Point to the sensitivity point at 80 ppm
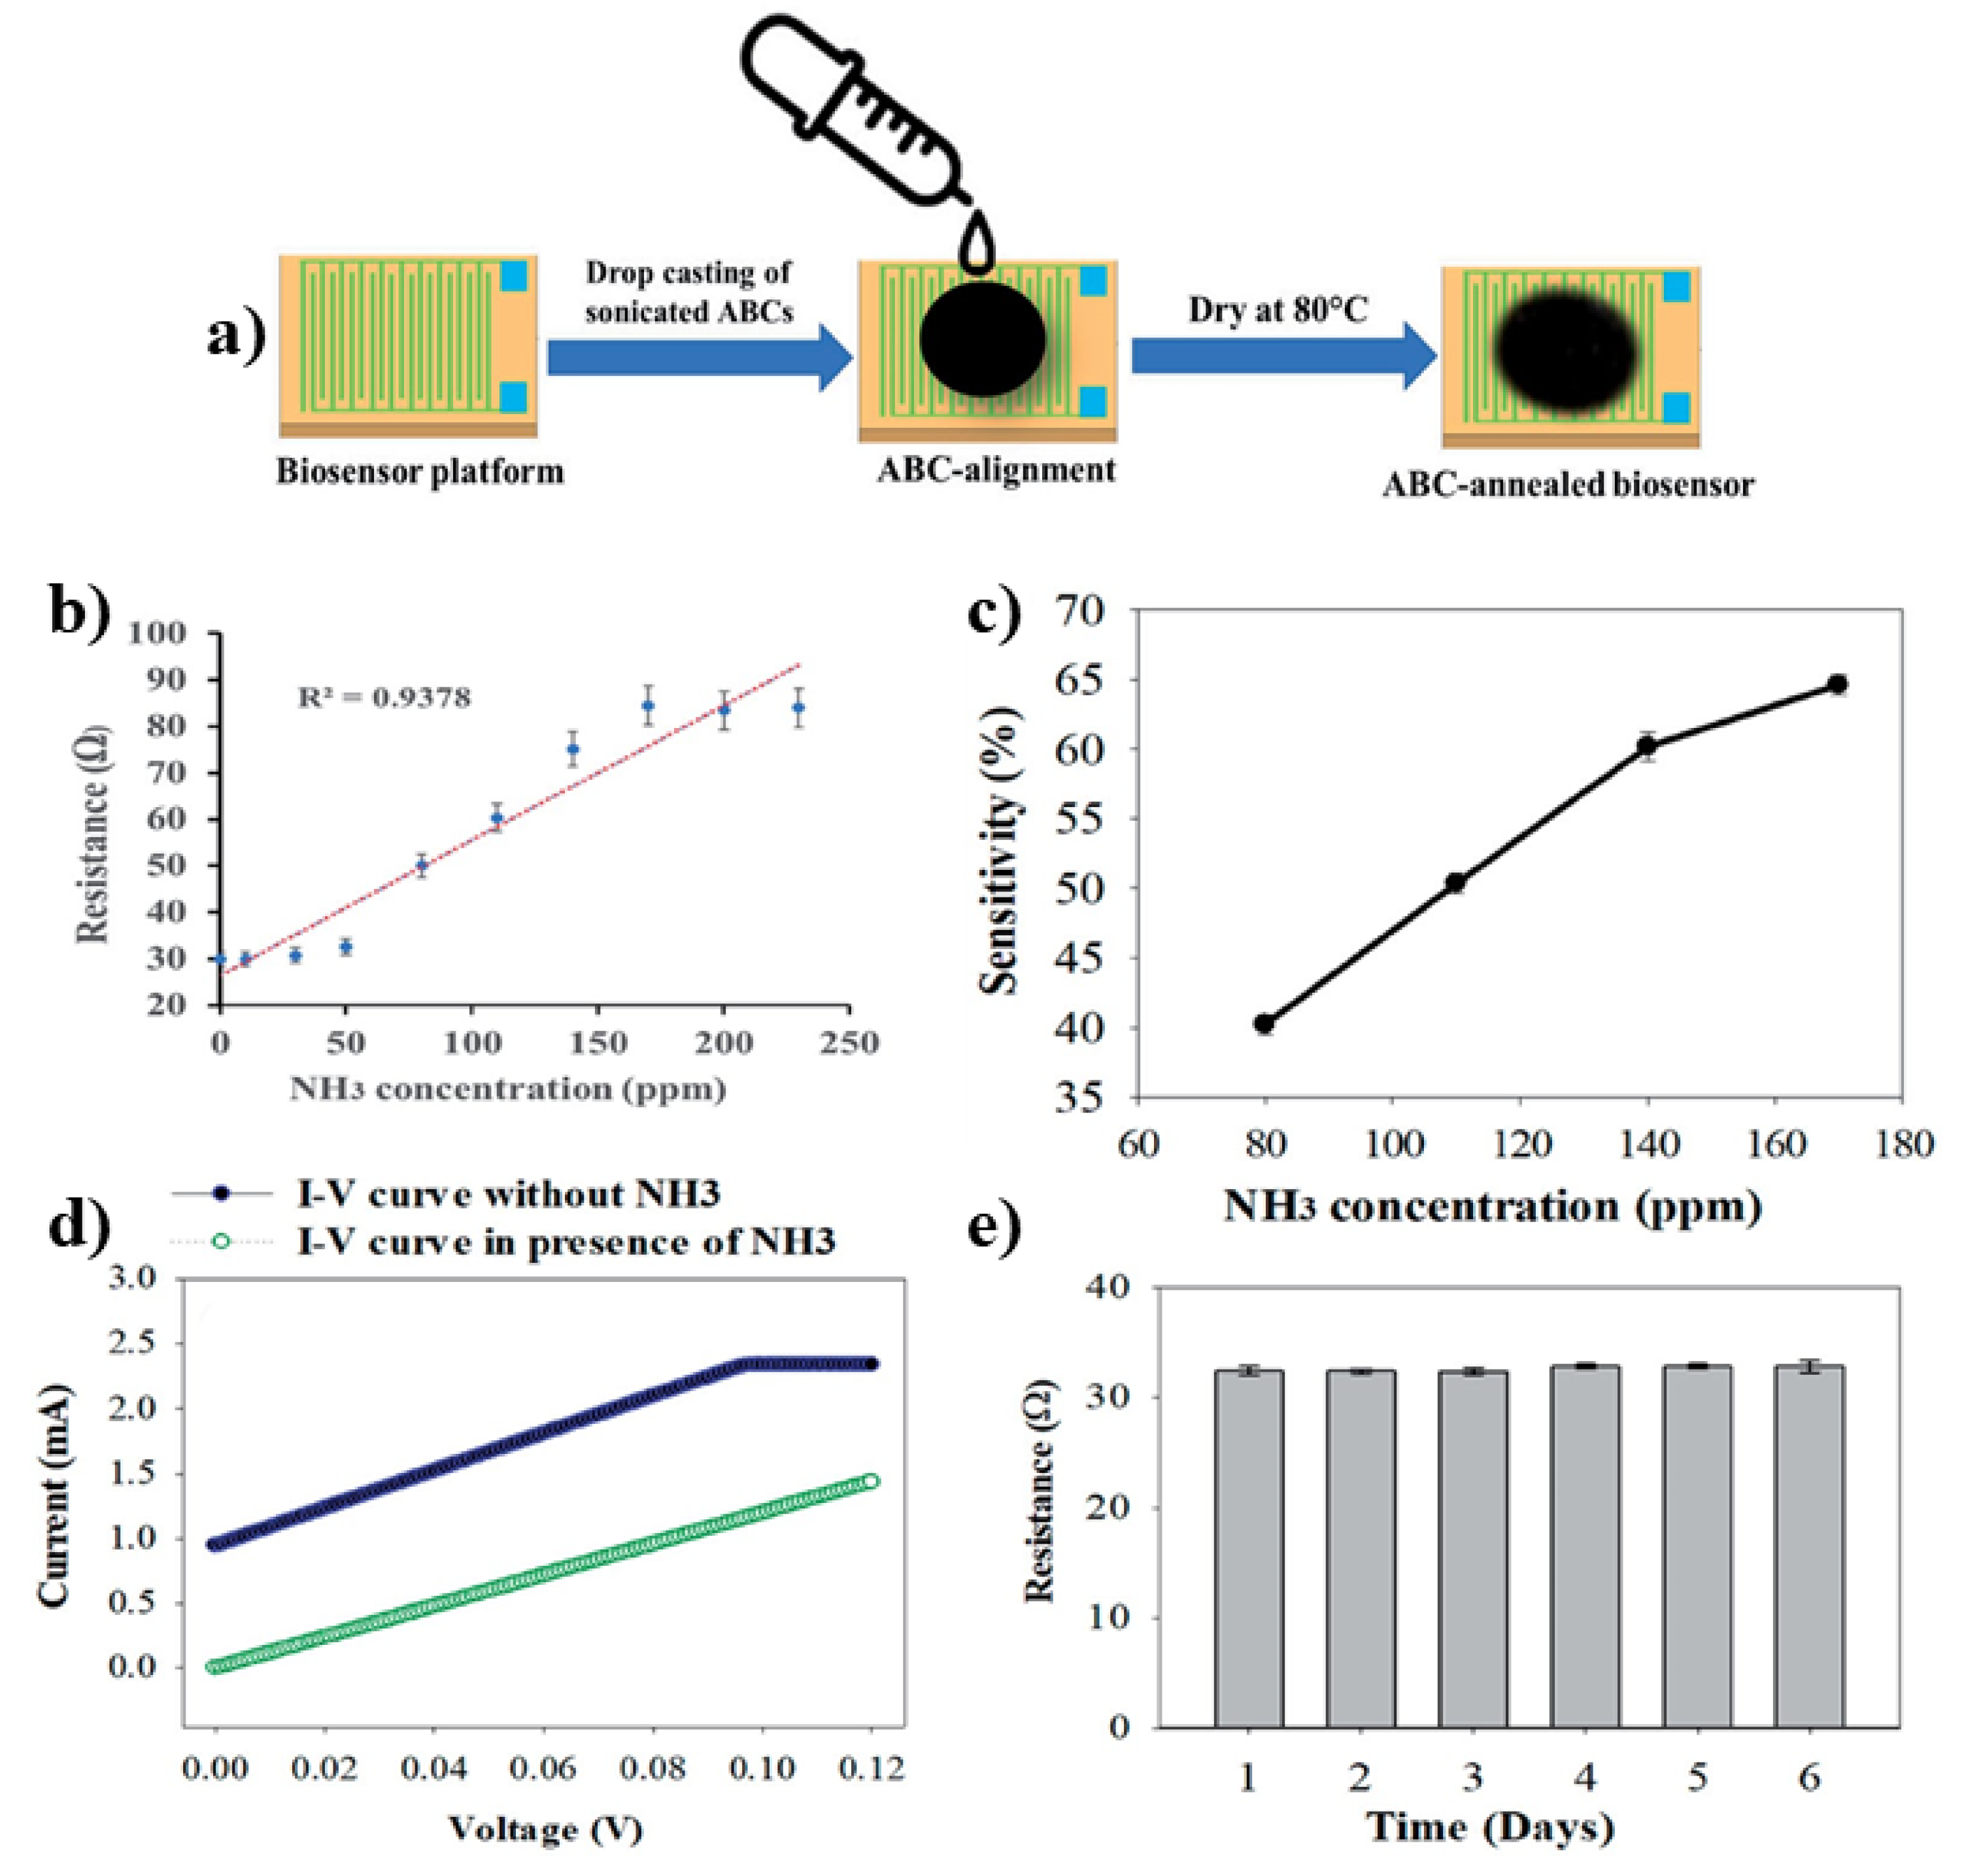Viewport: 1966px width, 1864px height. coord(1264,1024)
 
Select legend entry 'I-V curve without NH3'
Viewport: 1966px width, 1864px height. coord(507,1194)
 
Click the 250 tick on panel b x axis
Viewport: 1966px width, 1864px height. coord(849,1043)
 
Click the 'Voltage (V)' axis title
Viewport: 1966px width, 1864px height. coord(545,1828)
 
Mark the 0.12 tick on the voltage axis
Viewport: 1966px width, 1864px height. coord(872,1768)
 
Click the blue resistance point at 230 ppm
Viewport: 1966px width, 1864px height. coord(798,708)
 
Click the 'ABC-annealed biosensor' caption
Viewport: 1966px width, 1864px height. coord(1568,485)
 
